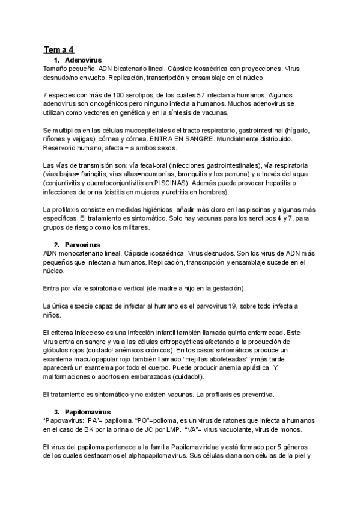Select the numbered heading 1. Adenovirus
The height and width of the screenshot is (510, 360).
(78, 61)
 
